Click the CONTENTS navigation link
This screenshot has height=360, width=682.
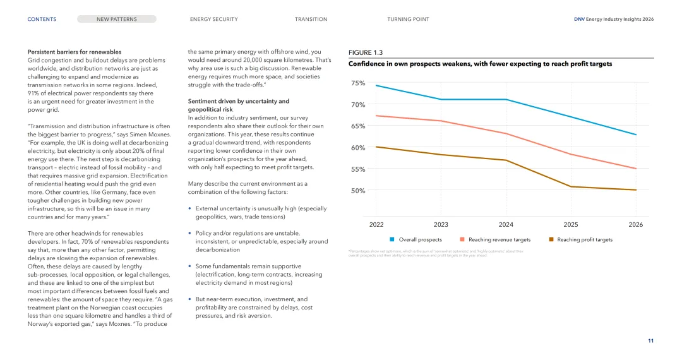pos(42,19)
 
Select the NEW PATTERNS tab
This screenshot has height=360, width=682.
pos(117,19)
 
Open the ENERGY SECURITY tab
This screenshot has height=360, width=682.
pos(213,19)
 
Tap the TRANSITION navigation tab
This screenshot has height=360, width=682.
pos(311,19)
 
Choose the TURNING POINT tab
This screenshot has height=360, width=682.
pos(408,19)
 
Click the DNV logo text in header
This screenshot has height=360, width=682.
pos(579,19)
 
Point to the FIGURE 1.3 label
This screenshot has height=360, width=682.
pos(366,52)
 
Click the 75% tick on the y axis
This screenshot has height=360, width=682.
pos(358,83)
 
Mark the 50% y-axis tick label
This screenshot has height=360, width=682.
pos(358,191)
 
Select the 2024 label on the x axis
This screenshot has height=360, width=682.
pos(506,225)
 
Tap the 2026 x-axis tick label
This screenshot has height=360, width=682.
pos(636,225)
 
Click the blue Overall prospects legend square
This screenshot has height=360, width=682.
pos(392,239)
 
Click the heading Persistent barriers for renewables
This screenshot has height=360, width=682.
pos(75,52)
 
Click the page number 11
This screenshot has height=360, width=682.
pos(650,341)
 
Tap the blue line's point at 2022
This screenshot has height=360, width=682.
pos(376,85)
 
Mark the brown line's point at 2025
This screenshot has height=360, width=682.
pos(571,186)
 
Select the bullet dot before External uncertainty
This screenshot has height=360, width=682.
pos(190,208)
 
